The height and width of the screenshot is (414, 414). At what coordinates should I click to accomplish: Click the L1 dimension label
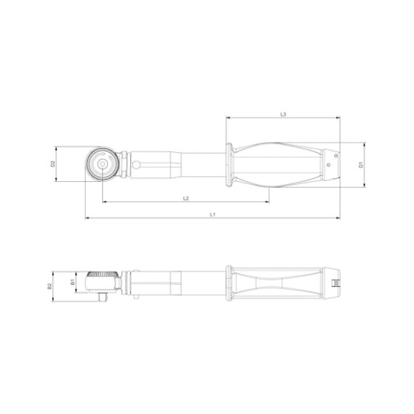pyautogui.click(x=212, y=214)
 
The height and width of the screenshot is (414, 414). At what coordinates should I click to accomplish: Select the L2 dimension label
pyautogui.click(x=186, y=198)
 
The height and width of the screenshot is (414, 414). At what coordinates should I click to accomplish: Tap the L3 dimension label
pyautogui.click(x=283, y=114)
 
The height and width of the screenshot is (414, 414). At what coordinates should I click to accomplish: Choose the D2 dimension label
pyautogui.click(x=53, y=164)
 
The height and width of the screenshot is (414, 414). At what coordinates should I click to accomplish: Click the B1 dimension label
pyautogui.click(x=72, y=282)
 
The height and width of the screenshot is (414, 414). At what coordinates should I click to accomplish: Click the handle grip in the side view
pyautogui.click(x=281, y=282)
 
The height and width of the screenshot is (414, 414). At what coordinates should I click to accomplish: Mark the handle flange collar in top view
pyautogui.click(x=231, y=163)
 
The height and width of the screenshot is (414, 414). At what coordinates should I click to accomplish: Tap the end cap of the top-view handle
pyautogui.click(x=335, y=163)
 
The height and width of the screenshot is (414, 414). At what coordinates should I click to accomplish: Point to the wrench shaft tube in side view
pyautogui.click(x=177, y=282)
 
